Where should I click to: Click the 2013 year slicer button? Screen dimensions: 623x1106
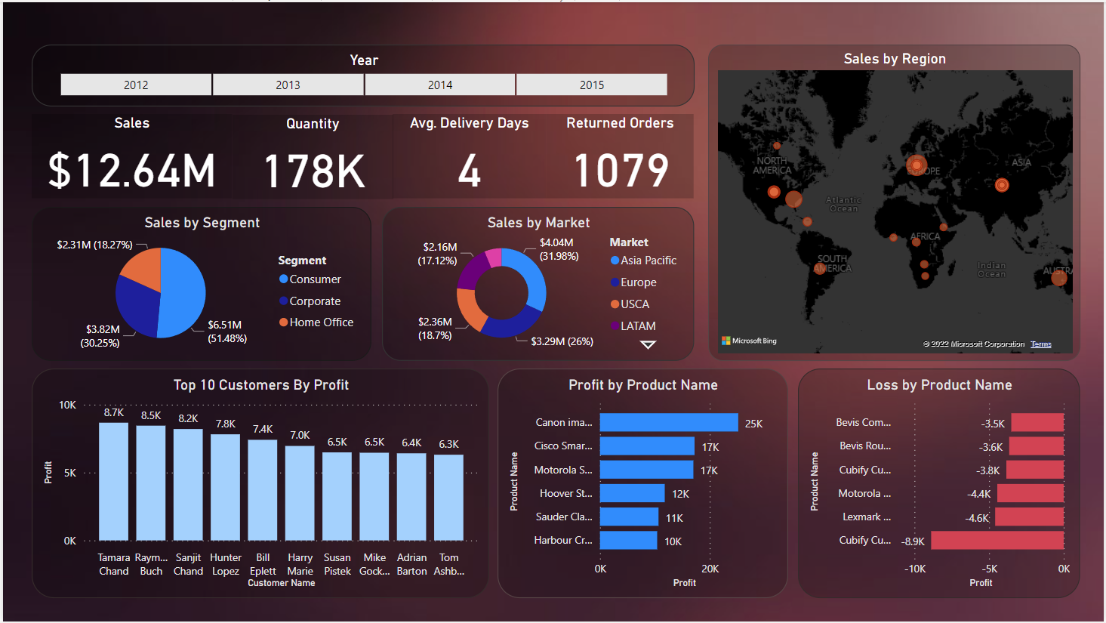(288, 85)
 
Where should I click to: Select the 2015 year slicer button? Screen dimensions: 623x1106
(592, 85)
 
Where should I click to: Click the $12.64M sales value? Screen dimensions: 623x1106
(132, 171)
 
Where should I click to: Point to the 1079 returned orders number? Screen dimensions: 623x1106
(621, 171)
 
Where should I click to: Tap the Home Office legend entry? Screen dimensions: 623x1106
(321, 322)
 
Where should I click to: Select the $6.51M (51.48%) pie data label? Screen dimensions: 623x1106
(226, 332)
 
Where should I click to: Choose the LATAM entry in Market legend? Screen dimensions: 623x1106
(637, 326)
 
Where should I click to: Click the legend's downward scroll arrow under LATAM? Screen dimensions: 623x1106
(648, 345)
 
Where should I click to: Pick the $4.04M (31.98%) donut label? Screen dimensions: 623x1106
(559, 249)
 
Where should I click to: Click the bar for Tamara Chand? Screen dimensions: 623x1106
(114, 481)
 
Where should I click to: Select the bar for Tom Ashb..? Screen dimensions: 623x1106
(448, 497)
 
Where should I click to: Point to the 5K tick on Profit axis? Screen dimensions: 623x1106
(69, 473)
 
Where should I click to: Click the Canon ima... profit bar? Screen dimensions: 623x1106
(668, 423)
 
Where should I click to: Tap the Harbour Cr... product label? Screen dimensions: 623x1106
(562, 541)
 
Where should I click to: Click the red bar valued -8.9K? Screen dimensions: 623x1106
(997, 541)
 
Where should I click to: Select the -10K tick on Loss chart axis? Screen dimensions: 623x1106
(915, 569)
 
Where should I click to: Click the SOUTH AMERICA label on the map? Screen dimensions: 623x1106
(833, 264)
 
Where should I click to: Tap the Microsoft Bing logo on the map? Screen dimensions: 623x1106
(749, 341)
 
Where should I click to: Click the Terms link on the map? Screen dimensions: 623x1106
(1041, 344)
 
